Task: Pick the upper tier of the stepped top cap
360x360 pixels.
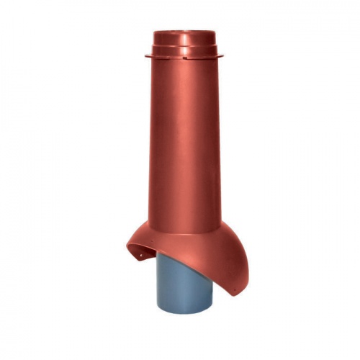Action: click(179, 37)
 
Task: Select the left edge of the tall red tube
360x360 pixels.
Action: click(149, 144)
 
